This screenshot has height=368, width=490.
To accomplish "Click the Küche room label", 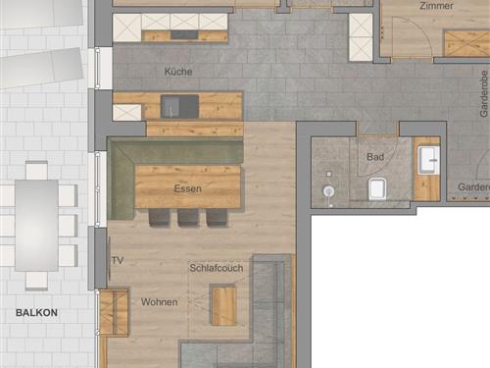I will (x=178, y=72).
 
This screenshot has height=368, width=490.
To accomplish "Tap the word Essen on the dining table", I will (x=186, y=187).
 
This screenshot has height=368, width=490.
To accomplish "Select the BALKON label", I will (x=36, y=313).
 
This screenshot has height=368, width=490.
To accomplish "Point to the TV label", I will (x=118, y=260).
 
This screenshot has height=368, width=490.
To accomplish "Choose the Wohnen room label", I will (x=159, y=301).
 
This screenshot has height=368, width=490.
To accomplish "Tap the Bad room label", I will (x=375, y=156).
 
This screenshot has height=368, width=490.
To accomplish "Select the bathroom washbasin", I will (x=428, y=160).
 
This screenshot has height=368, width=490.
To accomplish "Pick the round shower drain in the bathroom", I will (x=329, y=190).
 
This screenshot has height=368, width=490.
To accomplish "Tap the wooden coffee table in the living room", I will (x=223, y=303).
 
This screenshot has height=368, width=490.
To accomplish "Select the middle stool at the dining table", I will (x=186, y=218).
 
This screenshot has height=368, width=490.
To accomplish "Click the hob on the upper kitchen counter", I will (x=183, y=35).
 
